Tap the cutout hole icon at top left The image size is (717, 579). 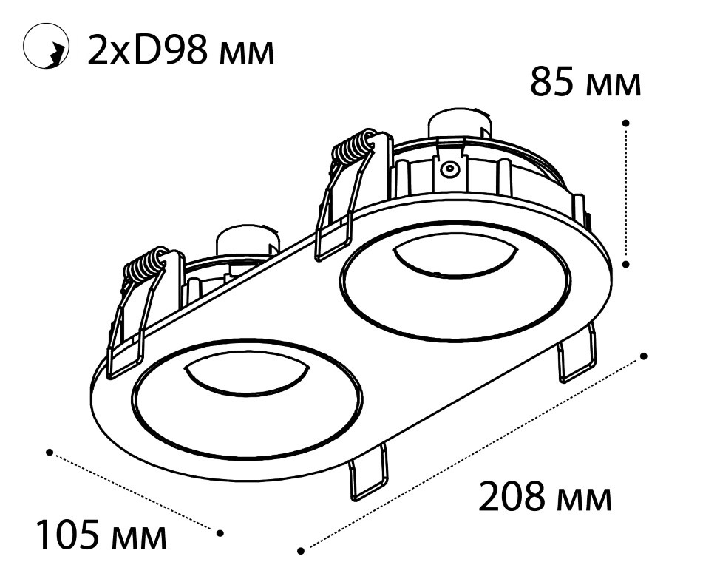[46, 47]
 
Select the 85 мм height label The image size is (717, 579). [585, 83]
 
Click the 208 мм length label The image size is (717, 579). [545, 497]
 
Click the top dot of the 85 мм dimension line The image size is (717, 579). [626, 123]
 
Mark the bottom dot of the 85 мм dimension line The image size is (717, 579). [626, 264]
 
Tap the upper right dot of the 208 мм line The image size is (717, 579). [644, 356]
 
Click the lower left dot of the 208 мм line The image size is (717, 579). [301, 551]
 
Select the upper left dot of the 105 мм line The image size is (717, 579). [50, 453]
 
